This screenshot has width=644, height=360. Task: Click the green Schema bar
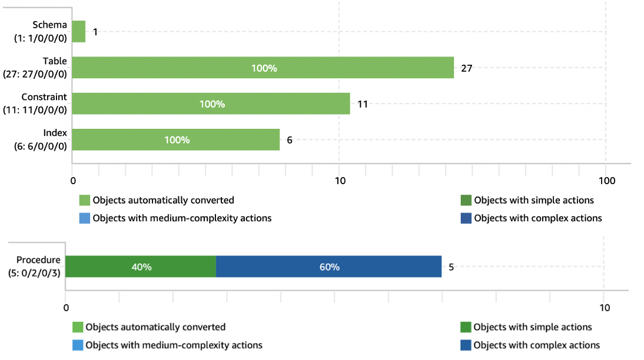pyautogui.click(x=79, y=32)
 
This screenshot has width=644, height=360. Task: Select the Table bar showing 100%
pyautogui.click(x=263, y=68)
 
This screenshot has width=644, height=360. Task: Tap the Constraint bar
pyautogui.click(x=211, y=104)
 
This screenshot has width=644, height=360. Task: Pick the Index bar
pyautogui.click(x=176, y=139)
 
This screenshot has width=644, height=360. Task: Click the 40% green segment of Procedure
pyautogui.click(x=141, y=266)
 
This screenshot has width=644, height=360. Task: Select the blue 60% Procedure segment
pyautogui.click(x=328, y=266)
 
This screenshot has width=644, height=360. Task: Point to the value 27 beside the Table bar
pyautogui.click(x=466, y=68)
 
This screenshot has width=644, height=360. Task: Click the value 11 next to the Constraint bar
pyautogui.click(x=363, y=104)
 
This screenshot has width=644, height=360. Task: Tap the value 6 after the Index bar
pyautogui.click(x=290, y=140)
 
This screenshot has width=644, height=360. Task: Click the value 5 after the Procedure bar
pyautogui.click(x=451, y=267)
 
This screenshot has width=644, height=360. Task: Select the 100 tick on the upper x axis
pyautogui.click(x=606, y=181)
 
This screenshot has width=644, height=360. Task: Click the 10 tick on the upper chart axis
pyautogui.click(x=340, y=181)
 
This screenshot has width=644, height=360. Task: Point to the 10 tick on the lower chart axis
pyautogui.click(x=604, y=308)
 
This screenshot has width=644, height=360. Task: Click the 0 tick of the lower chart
pyautogui.click(x=66, y=308)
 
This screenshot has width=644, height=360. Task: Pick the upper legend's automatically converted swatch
pyautogui.click(x=85, y=201)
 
